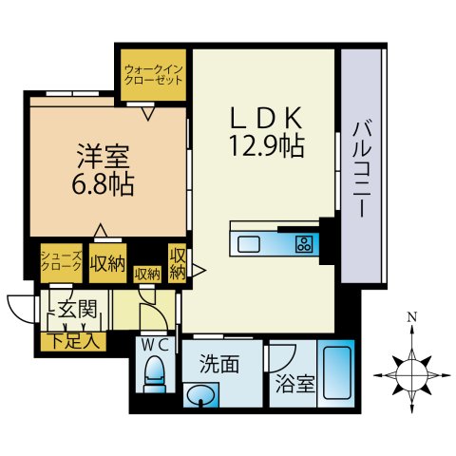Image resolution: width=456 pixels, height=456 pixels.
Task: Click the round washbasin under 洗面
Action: (x=199, y=395)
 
